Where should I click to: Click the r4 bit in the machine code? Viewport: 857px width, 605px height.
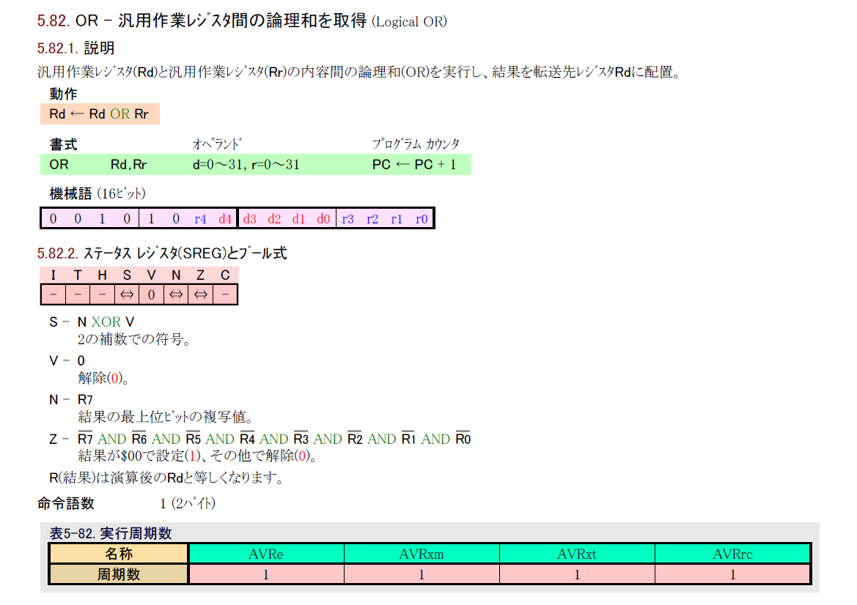200,219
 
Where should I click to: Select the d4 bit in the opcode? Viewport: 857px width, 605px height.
225,219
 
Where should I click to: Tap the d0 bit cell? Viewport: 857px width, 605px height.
323,219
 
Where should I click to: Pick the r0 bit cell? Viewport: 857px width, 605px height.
422,219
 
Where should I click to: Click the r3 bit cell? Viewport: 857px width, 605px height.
347,219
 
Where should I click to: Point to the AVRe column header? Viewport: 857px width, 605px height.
266,554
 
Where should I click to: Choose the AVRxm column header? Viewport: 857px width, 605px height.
422,554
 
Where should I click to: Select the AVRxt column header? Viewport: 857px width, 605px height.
577,554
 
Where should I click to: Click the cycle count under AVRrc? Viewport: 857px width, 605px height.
732,575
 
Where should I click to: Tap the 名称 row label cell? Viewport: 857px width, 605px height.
119,554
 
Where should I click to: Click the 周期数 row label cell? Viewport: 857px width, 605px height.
119,575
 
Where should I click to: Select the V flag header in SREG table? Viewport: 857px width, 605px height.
151,275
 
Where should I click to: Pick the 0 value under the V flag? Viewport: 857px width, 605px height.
151,294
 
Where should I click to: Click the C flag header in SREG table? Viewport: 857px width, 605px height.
225,275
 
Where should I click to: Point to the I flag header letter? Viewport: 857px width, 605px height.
53,275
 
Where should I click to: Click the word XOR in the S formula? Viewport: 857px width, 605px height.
107,322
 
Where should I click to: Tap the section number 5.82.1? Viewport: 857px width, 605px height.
58,49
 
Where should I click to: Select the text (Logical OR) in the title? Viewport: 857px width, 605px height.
409,21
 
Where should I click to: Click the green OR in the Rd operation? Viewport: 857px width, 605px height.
119,114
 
